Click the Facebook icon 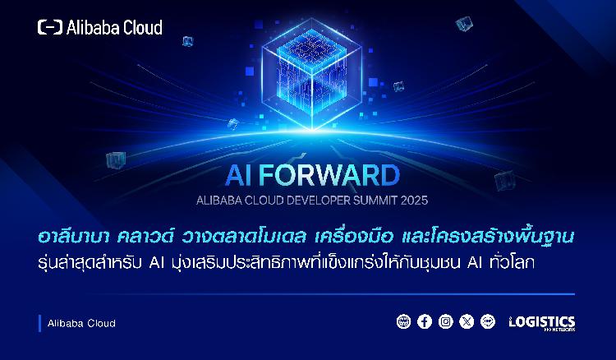425,321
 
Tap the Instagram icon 445,321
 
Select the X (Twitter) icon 467,321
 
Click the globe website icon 403,321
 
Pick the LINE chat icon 488,321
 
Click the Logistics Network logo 542,323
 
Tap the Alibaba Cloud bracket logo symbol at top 50,27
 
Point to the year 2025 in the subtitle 414,201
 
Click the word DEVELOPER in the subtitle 318,201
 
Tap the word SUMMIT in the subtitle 375,201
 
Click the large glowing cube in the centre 312,73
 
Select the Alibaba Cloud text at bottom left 81,324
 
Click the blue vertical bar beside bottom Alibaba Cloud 39,323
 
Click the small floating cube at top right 464,25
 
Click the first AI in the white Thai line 156,263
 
